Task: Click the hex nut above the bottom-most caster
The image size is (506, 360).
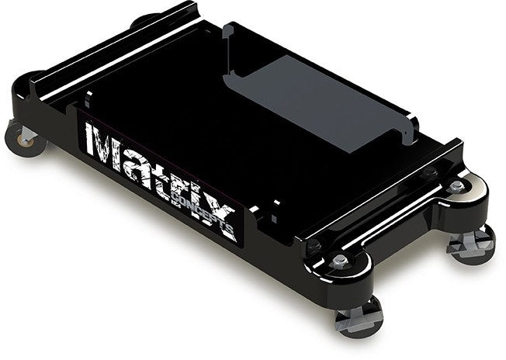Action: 339,261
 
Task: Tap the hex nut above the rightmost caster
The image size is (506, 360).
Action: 457,186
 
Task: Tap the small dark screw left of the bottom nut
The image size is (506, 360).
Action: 314,246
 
